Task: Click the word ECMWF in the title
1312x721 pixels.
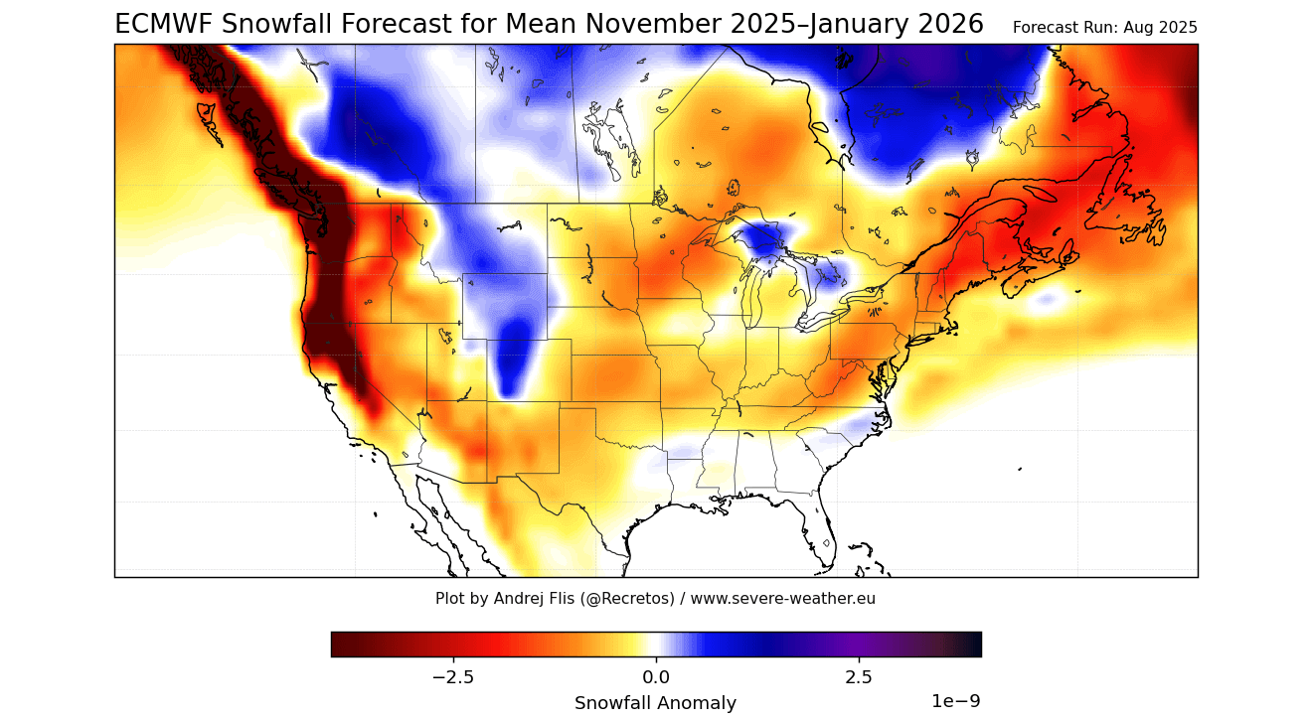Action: coord(164,25)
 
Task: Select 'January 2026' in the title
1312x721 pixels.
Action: coord(897,25)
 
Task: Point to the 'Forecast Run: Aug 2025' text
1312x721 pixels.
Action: coord(1104,28)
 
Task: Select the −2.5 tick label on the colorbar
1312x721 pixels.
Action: coord(453,677)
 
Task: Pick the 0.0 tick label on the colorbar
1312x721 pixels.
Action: coord(656,677)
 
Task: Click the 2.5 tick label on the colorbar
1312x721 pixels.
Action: coord(859,677)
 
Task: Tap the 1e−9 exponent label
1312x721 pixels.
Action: coord(955,701)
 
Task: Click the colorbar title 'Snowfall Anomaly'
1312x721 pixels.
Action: coord(655,703)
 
